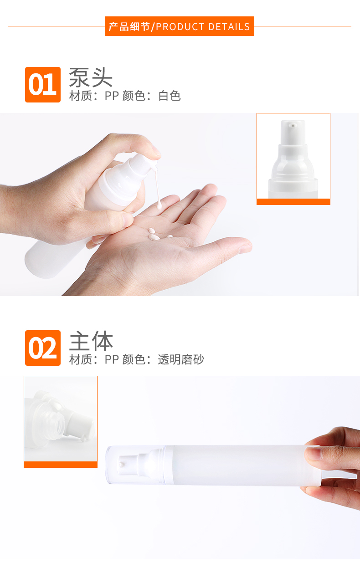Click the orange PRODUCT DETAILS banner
tap(180, 26)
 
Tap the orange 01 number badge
tap(43, 85)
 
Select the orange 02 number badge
tap(43, 348)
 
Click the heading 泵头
tap(91, 77)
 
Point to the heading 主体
tap(91, 341)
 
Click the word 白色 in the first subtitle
tap(170, 96)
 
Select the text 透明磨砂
tap(181, 359)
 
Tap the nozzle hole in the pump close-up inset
tap(293, 125)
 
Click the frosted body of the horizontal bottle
tap(243, 466)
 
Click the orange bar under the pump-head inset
tap(293, 202)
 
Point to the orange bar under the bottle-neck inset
tap(61, 465)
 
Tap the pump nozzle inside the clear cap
tap(128, 465)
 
